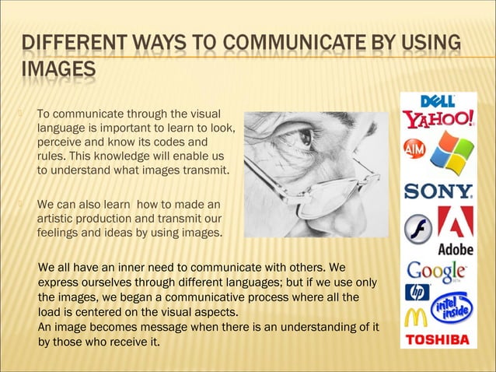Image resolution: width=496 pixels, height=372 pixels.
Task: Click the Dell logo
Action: (438, 101)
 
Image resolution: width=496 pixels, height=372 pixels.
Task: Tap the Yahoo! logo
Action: (438, 121)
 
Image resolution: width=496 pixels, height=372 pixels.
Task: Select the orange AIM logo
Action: (414, 149)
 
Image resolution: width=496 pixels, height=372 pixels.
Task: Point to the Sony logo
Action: (438, 191)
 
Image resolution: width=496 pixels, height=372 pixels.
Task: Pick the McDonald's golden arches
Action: (416, 318)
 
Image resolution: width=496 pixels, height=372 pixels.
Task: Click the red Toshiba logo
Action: (438, 340)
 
